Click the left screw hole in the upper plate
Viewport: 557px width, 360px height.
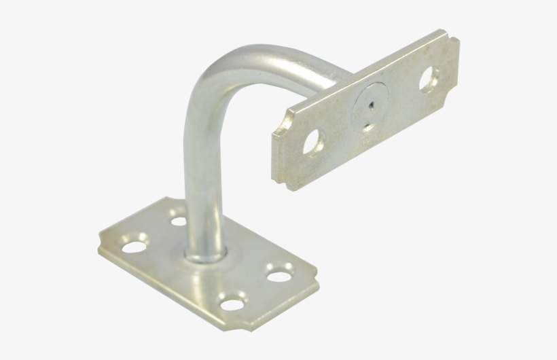click(x=313, y=142)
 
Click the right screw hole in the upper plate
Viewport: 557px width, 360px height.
click(x=429, y=80)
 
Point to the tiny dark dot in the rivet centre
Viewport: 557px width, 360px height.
click(x=370, y=105)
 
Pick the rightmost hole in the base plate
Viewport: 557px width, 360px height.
click(x=278, y=275)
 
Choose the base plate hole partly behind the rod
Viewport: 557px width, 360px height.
click(x=179, y=219)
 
